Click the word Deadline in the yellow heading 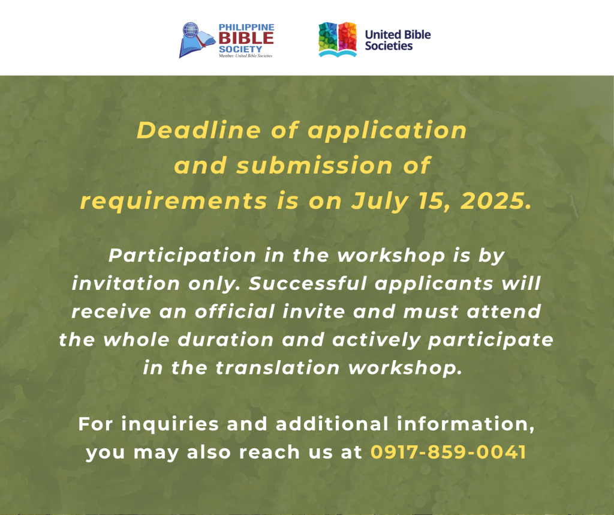(x=198, y=130)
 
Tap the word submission (x=314, y=165)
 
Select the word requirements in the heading (x=173, y=202)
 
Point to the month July (x=380, y=202)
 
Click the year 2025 (x=496, y=201)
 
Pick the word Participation (x=182, y=256)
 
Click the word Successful (x=308, y=283)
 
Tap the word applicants (x=434, y=284)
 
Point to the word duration (x=225, y=339)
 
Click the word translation (x=277, y=367)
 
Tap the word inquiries (x=170, y=424)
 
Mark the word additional (x=332, y=424)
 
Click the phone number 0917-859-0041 (x=449, y=452)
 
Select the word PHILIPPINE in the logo (x=246, y=28)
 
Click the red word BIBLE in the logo (x=246, y=38)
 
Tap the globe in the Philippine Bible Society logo (x=191, y=30)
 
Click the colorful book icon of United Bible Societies (x=338, y=40)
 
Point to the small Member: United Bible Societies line (x=245, y=56)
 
